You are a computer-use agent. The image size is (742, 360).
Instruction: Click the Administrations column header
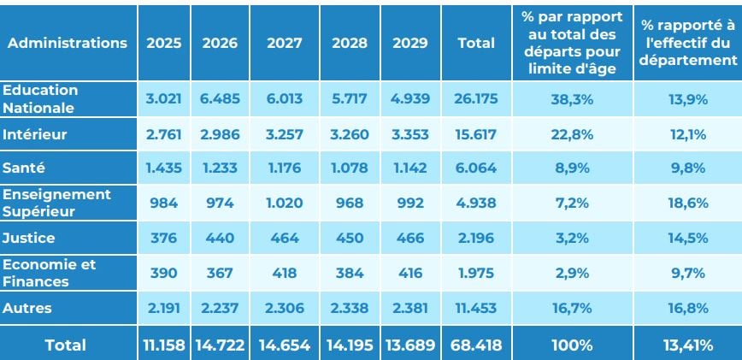[68, 43]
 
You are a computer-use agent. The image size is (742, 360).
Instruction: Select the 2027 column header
[285, 43]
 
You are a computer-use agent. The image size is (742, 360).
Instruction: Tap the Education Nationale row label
[40, 99]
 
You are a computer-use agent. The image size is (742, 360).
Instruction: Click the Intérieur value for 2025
[163, 134]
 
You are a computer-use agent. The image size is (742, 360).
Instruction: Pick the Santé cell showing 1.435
[163, 168]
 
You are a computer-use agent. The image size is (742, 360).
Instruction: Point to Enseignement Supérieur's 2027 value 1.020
[285, 203]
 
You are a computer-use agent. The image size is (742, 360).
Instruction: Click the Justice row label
[28, 238]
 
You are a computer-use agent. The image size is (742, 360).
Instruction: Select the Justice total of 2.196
[476, 238]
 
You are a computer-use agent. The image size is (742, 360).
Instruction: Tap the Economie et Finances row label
[50, 273]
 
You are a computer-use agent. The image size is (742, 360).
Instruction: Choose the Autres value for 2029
[410, 308]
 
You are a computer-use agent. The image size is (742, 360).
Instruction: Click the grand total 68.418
[476, 345]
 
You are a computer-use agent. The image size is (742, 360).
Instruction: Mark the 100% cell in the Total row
[572, 345]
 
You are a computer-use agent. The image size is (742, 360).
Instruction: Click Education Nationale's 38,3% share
[572, 99]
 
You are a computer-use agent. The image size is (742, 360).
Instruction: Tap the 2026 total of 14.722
[220, 345]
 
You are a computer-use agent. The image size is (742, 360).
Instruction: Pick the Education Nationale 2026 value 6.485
[220, 99]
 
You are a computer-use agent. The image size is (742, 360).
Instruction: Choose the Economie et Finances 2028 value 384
[350, 273]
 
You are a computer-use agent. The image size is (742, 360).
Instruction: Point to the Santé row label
[24, 168]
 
